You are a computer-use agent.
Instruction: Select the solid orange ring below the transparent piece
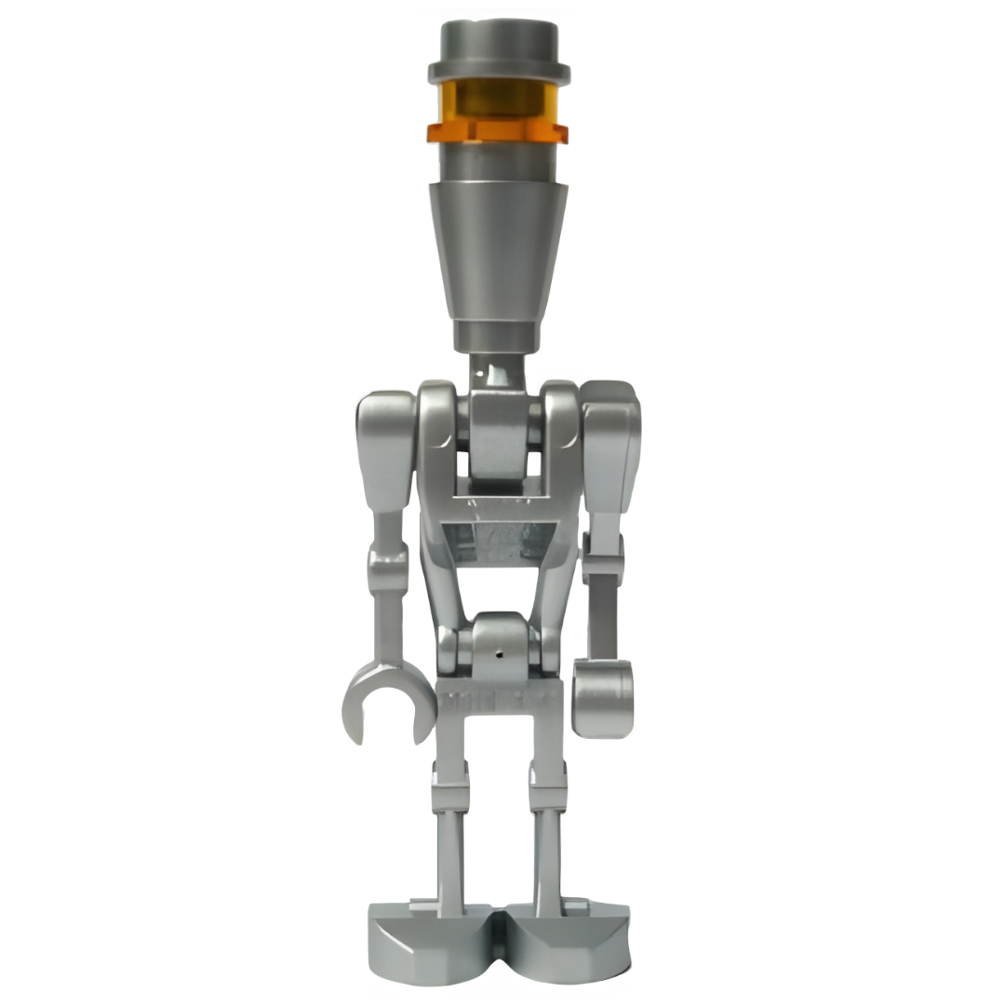498,132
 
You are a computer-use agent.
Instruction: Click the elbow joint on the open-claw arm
387,563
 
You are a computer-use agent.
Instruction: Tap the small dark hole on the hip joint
501,654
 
